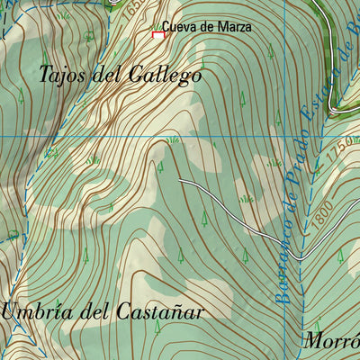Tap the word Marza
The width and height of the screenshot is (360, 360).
click(235, 28)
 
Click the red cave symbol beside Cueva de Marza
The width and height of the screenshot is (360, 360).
click(158, 34)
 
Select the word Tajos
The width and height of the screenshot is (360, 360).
click(64, 76)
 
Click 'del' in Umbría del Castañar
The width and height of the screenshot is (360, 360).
click(92, 311)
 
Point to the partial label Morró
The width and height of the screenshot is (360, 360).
click(330, 341)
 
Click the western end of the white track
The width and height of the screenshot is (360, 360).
click(179, 181)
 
